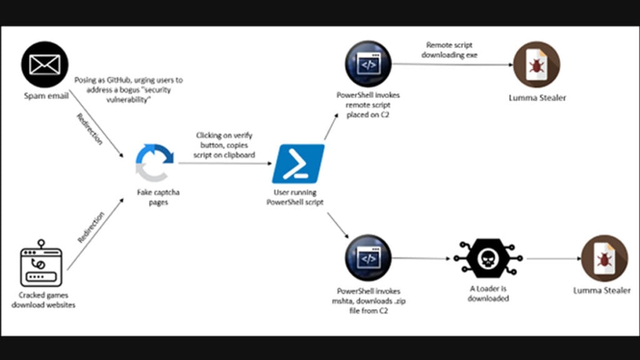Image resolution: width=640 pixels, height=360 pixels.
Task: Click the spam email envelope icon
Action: tap(44, 65)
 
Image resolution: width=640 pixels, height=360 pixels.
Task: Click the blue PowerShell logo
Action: tap(298, 164)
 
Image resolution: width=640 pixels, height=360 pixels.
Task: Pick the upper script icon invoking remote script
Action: tap(368, 65)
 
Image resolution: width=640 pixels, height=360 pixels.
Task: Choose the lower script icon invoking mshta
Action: tap(368, 258)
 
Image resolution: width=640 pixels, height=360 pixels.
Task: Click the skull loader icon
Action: tap(488, 258)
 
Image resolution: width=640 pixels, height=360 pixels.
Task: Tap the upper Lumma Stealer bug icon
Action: tap(536, 65)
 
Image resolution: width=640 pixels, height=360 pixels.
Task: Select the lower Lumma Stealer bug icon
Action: tap(604, 258)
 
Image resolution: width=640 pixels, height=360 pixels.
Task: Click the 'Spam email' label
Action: tap(45, 97)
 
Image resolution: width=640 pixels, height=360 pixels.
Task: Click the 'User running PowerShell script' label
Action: tap(298, 198)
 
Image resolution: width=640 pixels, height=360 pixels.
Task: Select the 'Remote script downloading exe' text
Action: tap(451, 50)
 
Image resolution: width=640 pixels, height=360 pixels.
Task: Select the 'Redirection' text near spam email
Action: tap(89, 129)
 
